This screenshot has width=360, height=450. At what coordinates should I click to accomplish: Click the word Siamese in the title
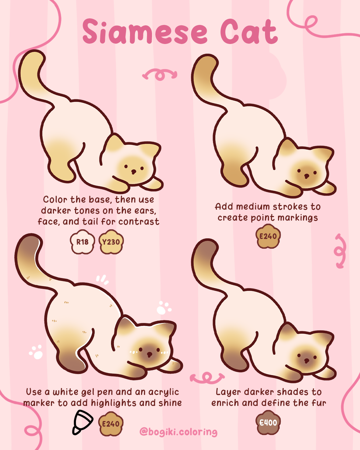pos(145,32)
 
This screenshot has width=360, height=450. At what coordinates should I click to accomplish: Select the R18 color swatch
pos(82,242)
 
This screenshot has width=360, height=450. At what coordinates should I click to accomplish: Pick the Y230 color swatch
pos(111,242)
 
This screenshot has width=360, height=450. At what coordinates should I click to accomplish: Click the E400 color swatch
pos(268,423)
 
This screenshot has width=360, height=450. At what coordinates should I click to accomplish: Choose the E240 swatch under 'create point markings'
pos(268,236)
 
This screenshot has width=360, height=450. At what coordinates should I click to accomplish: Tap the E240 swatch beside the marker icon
pos(111,424)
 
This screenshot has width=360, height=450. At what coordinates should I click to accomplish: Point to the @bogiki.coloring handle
pos(178,432)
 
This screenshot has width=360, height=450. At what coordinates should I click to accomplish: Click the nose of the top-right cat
pos(306,176)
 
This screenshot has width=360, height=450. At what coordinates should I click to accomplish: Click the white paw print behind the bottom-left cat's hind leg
pos(36,352)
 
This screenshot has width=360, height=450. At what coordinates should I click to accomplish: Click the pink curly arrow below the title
pos(160,75)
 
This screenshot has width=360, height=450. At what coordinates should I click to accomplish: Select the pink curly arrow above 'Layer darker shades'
pos(207,378)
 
